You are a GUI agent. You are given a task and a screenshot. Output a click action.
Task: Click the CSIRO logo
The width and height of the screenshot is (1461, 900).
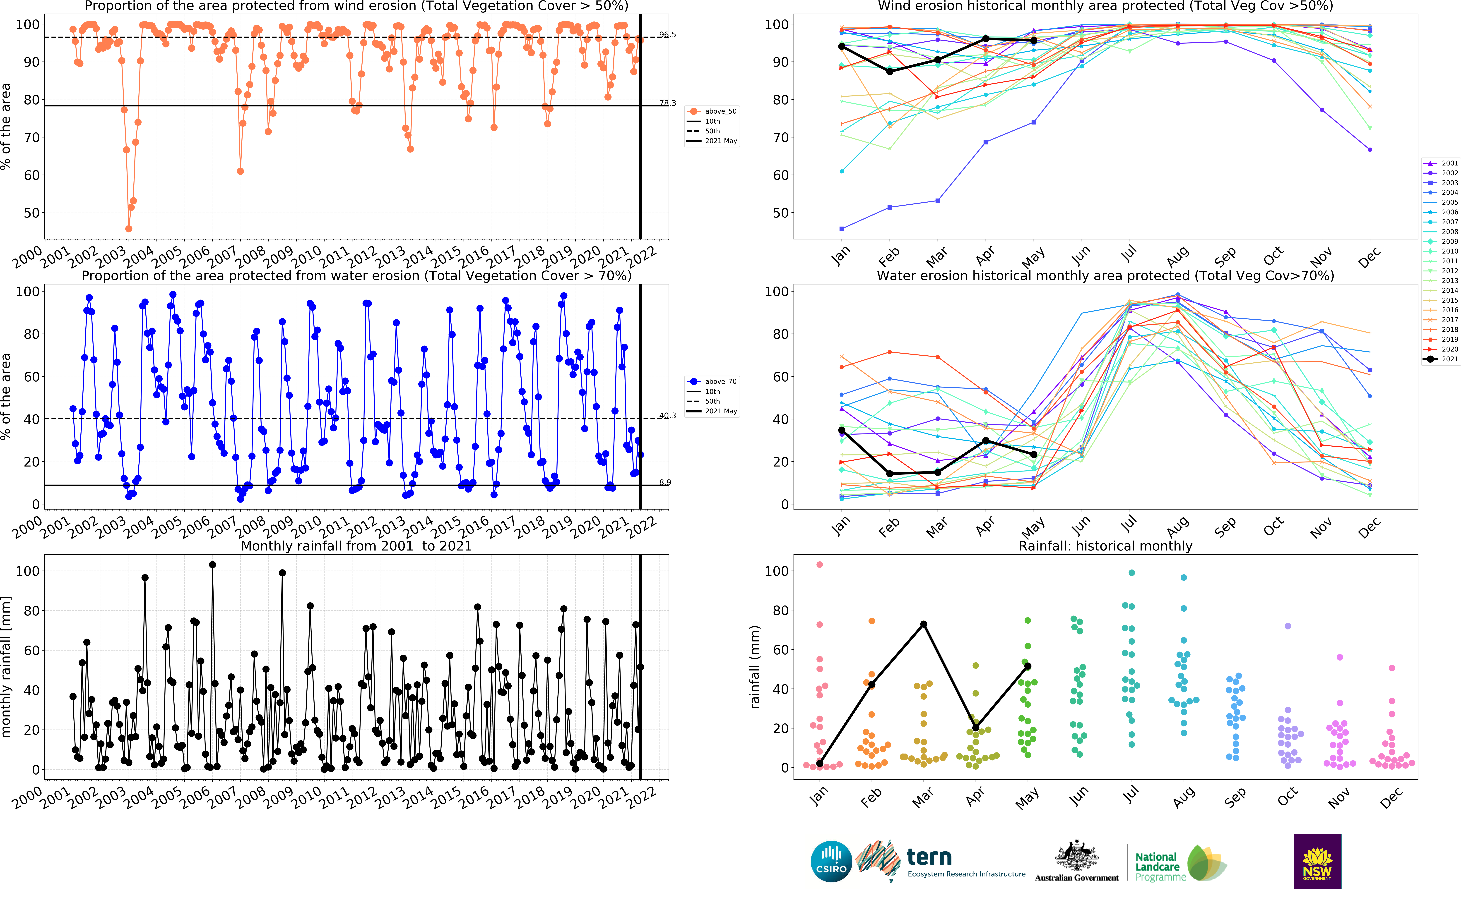pyautogui.click(x=831, y=861)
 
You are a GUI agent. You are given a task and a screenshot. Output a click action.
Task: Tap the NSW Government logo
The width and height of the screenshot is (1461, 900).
pyautogui.click(x=1317, y=861)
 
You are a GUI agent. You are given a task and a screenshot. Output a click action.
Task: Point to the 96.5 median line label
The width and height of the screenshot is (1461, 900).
pyautogui.click(x=667, y=35)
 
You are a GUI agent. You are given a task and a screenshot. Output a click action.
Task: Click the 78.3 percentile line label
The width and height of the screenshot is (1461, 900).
pyautogui.click(x=667, y=103)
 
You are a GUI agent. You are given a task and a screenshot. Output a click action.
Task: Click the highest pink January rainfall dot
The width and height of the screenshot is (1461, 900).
pyautogui.click(x=820, y=564)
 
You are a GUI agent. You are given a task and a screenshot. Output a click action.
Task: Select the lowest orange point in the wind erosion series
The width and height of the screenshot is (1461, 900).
pyautogui.click(x=129, y=229)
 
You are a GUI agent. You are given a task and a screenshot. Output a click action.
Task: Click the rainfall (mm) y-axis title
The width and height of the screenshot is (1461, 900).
pyautogui.click(x=755, y=667)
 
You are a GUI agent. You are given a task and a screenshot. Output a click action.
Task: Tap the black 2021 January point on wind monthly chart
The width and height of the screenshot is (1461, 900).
pyautogui.click(x=842, y=46)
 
